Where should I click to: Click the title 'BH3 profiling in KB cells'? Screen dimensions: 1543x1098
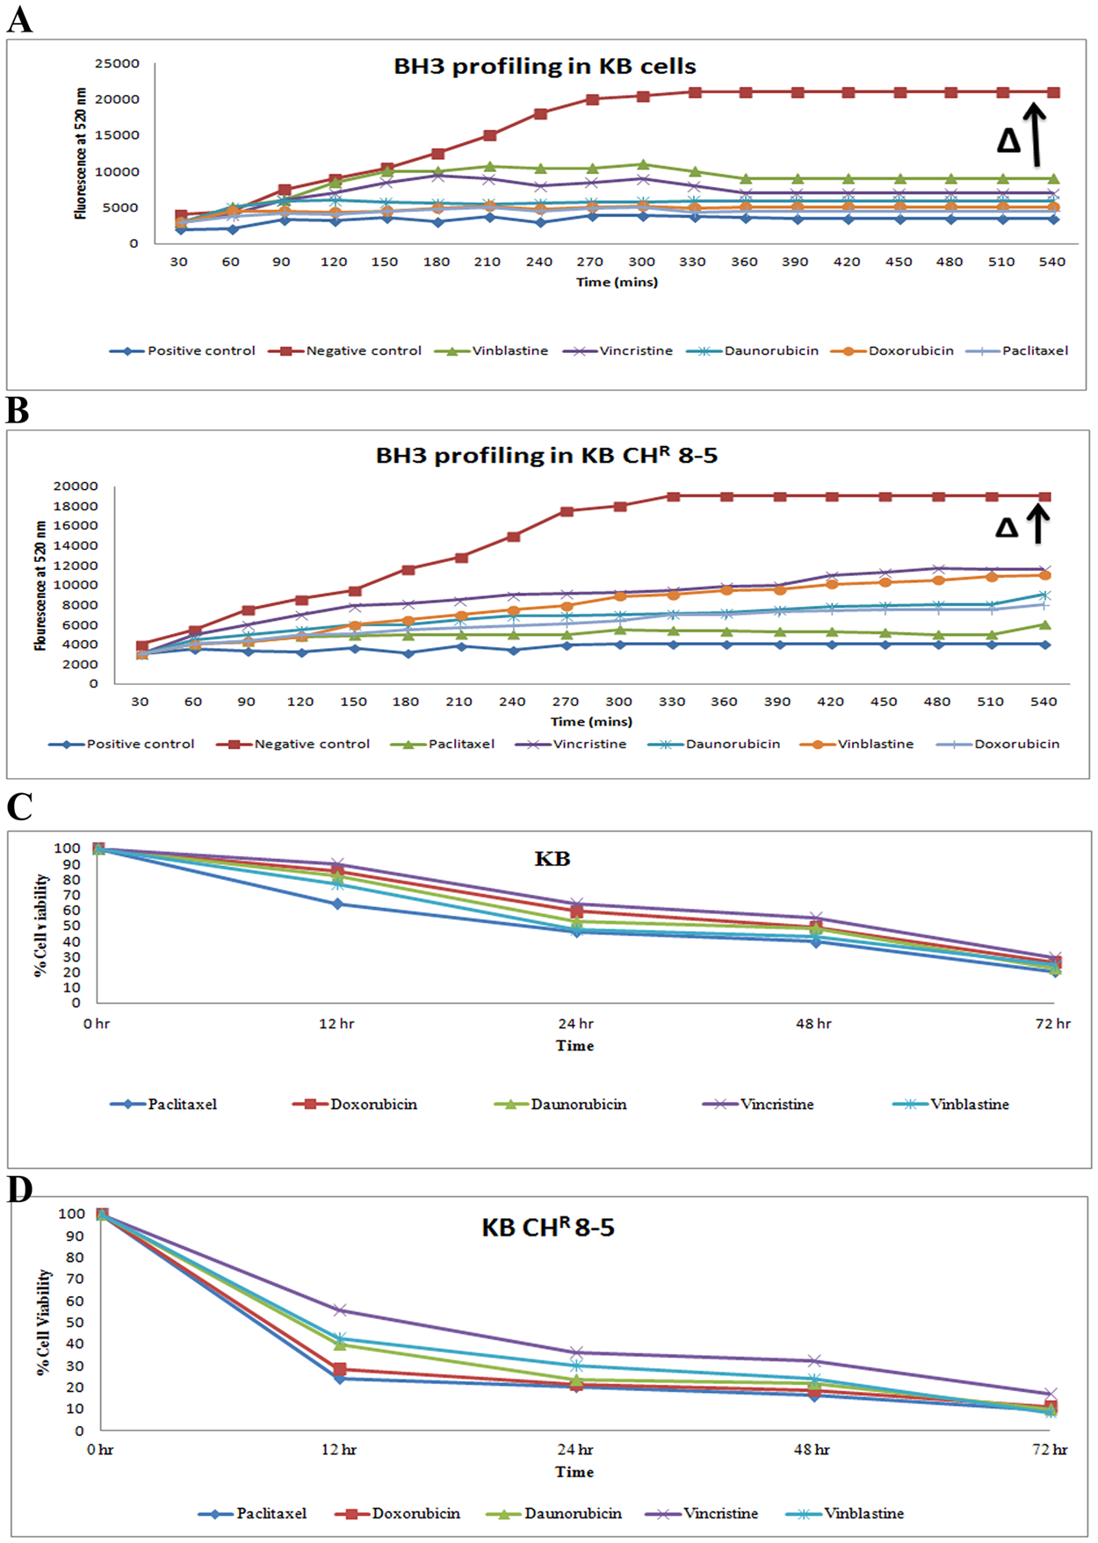[545, 67]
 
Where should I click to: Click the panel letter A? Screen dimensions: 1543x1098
[19, 18]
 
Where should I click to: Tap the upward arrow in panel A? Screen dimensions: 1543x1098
[1036, 134]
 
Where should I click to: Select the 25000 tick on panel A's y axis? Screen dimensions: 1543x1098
[118, 63]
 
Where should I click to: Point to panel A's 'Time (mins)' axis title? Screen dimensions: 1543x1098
[617, 282]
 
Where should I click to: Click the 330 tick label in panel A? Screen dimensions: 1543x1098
[692, 262]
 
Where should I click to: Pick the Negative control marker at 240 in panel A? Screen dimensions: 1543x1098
[540, 114]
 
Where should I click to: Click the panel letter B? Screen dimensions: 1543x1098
[18, 410]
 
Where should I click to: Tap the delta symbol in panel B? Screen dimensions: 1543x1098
[1007, 527]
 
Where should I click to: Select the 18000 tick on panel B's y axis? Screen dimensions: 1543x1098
[76, 506]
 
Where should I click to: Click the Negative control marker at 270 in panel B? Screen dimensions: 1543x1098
[567, 511]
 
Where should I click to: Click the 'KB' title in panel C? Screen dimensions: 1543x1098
[552, 859]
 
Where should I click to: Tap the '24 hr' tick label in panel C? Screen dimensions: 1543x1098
[575, 1024]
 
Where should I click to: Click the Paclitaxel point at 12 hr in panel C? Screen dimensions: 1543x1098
[336, 904]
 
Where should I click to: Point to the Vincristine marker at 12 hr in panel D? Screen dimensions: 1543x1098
[340, 1310]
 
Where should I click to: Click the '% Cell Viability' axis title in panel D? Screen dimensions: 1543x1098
[45, 1322]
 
